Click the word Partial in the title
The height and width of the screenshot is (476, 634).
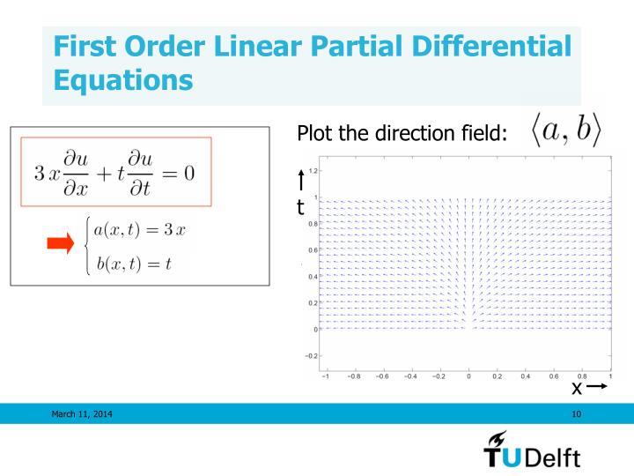click(x=321, y=49)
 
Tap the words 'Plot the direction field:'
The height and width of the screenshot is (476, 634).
click(x=402, y=134)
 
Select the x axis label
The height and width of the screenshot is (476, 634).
click(x=578, y=388)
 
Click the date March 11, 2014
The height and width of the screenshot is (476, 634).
click(x=87, y=413)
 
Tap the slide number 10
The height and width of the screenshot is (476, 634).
click(x=577, y=413)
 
